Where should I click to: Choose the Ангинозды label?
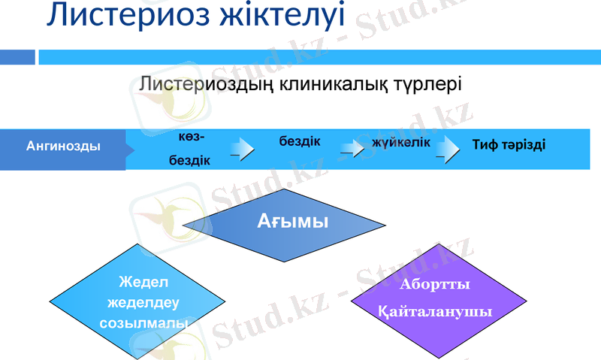(63, 146)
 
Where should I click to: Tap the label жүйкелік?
(401, 142)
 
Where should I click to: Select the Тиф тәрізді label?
(509, 144)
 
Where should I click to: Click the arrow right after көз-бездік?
(242, 147)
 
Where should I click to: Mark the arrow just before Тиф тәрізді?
(449, 147)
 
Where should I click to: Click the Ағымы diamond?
(285, 222)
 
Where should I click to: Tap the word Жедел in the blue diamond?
(144, 283)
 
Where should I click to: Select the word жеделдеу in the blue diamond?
(144, 304)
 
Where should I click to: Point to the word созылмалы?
(144, 324)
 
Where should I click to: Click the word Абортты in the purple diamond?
(435, 286)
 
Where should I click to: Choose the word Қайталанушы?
(435, 311)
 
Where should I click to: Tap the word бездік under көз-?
(190, 160)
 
